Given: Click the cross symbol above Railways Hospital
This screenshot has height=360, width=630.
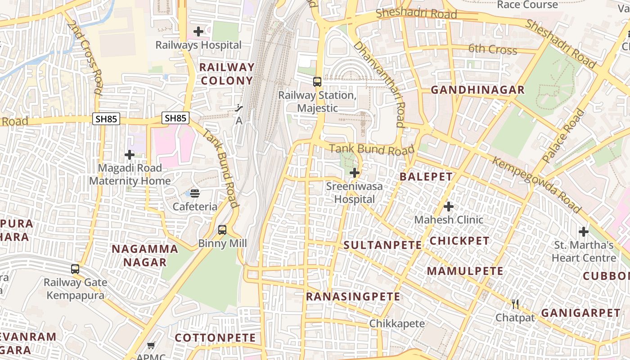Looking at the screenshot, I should click(x=198, y=31).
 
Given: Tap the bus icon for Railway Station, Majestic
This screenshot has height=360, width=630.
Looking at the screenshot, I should click(x=317, y=82).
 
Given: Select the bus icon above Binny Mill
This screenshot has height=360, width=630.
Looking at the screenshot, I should click(x=222, y=230).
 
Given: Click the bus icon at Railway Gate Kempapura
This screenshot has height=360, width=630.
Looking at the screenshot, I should click(x=75, y=269).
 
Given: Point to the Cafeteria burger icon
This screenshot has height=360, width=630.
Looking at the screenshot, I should click(x=195, y=193).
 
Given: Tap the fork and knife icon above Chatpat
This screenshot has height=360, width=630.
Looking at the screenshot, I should click(x=515, y=304).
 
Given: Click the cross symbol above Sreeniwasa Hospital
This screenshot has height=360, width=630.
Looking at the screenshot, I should click(x=355, y=173).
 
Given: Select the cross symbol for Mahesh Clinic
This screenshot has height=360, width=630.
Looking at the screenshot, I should click(x=449, y=207).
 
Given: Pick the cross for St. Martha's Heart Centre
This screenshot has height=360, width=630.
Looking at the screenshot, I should click(x=584, y=232).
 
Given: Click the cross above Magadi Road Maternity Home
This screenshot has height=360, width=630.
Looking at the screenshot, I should click(x=130, y=155).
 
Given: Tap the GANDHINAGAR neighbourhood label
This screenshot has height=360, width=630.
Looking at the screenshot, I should click(x=478, y=90).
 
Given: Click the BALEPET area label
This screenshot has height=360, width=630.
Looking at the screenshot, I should click(x=426, y=176).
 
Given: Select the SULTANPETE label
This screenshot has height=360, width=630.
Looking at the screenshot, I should click(x=382, y=245).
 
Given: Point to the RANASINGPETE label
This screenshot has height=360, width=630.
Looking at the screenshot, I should click(x=353, y=297).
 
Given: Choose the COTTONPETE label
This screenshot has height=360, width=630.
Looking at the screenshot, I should click(x=215, y=338).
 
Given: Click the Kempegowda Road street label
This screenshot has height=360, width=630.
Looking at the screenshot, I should click(x=536, y=184).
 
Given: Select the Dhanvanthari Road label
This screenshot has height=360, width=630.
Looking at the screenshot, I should click(x=379, y=84).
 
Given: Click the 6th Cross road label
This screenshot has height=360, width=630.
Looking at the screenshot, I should click(x=493, y=49).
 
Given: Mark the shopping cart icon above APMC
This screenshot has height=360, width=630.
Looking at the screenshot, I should click(x=151, y=346).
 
